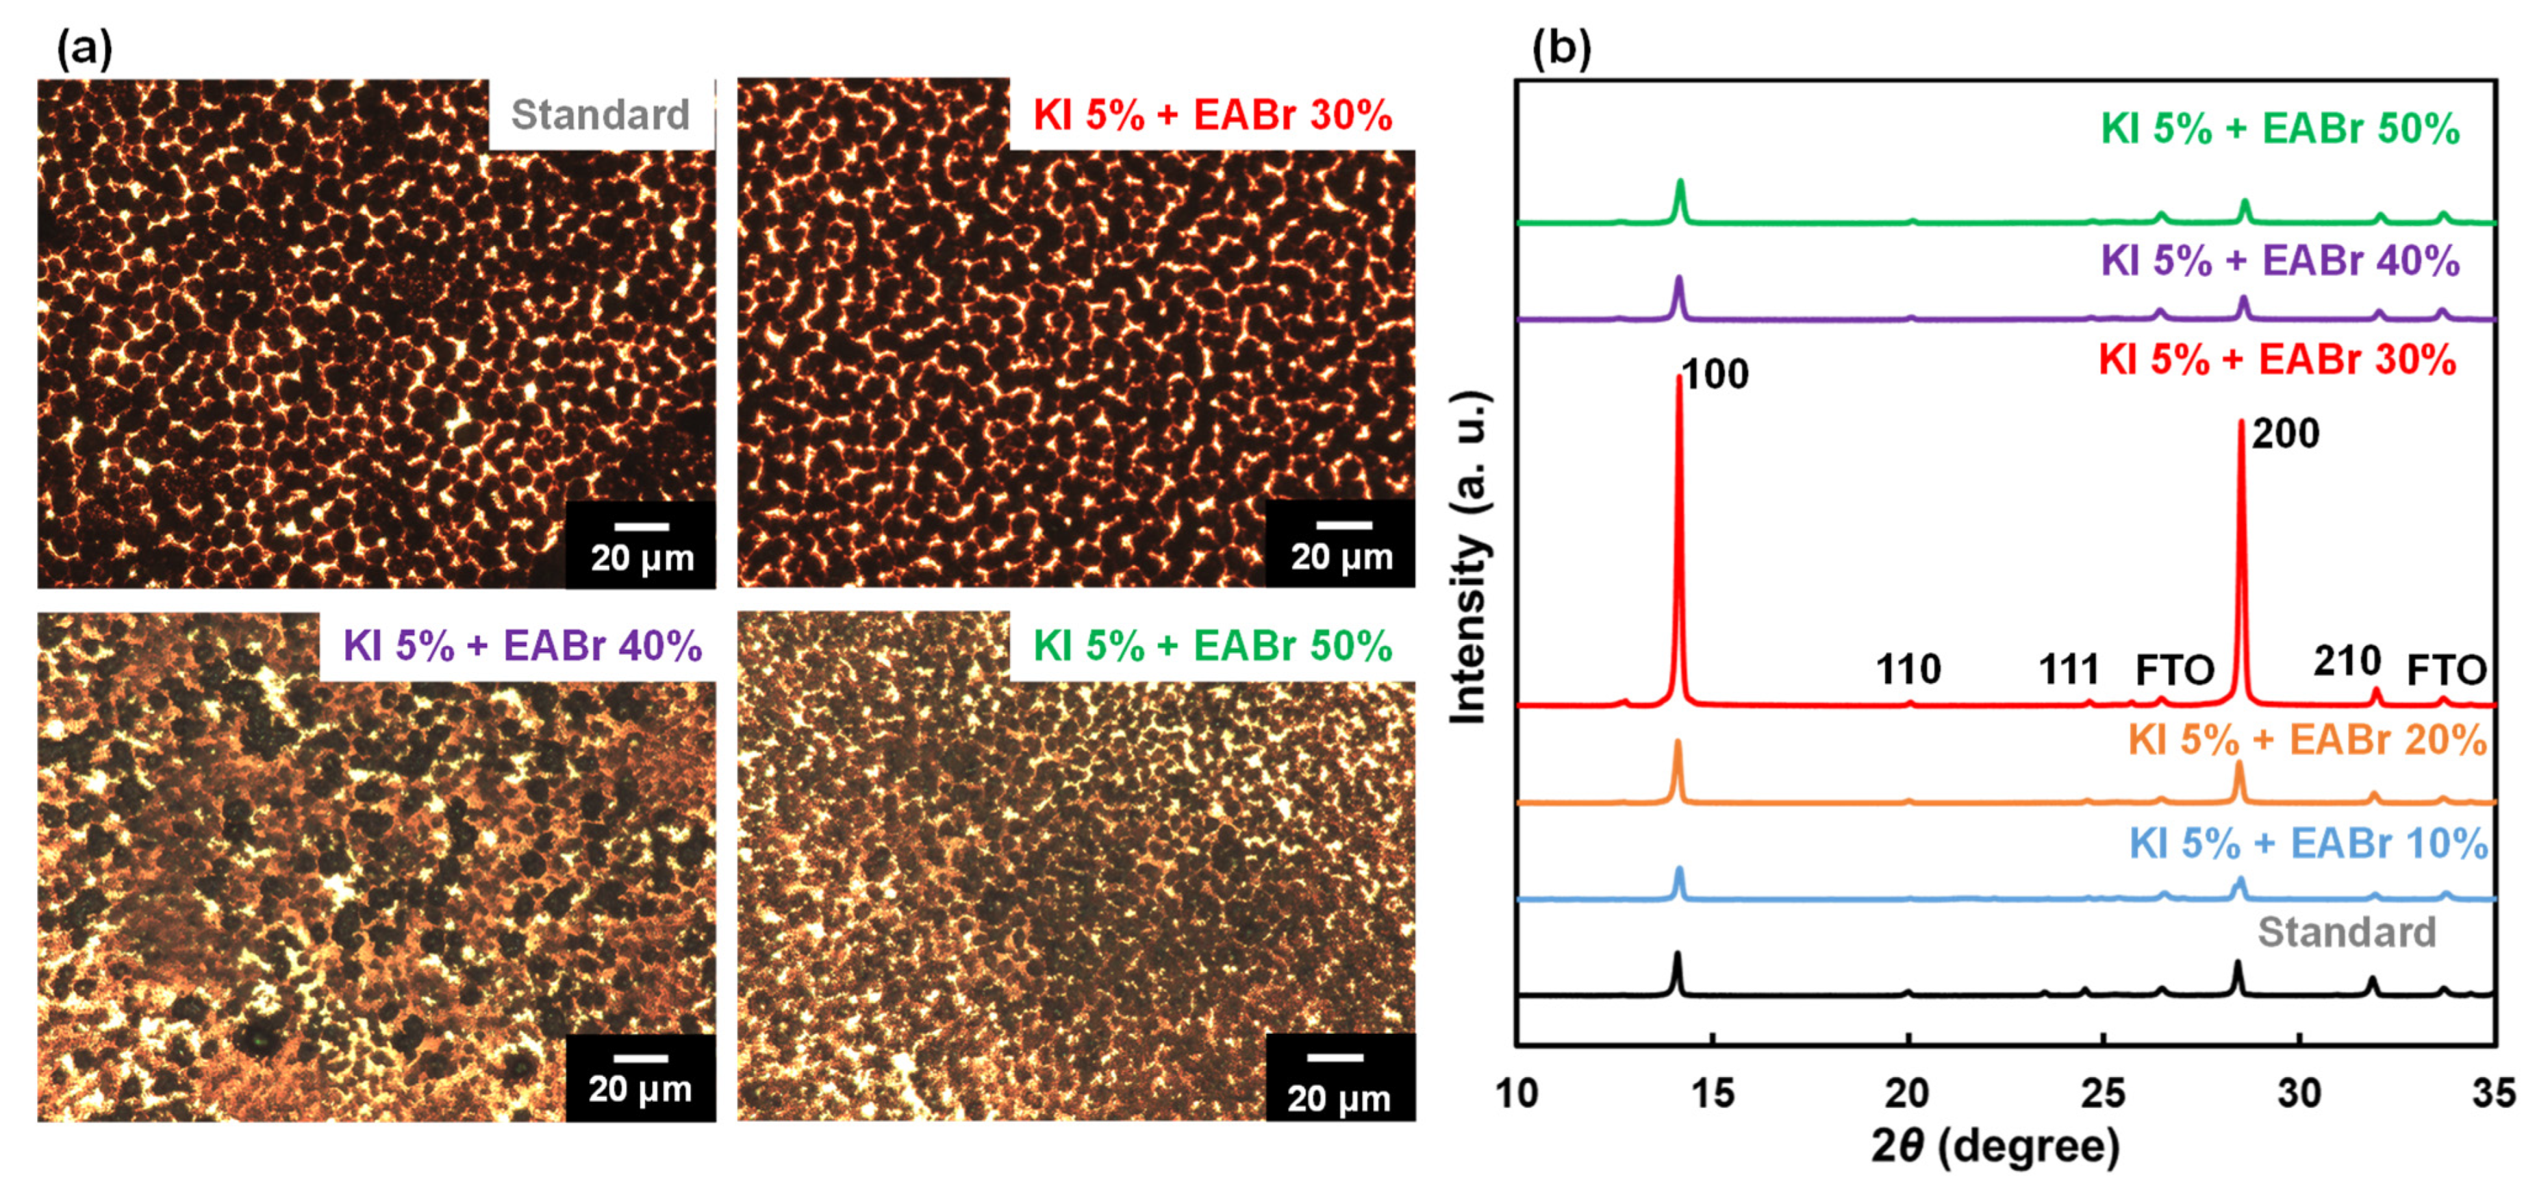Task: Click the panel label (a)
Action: pos(85,48)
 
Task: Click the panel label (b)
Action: pos(1562,48)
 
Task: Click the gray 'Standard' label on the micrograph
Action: pos(600,115)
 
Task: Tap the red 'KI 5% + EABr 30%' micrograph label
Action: pos(1213,115)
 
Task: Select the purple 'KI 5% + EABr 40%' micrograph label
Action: pos(522,646)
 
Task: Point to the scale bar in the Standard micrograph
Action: pos(641,527)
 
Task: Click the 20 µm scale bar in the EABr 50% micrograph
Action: pos(1337,1058)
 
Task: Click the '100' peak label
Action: pos(1715,374)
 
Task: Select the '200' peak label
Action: pos(2286,434)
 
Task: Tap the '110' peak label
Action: pos(1908,670)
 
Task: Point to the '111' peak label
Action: pos(2068,670)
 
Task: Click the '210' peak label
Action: pos(2347,661)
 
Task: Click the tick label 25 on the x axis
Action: pos(2103,1093)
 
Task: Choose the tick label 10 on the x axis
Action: pos(1517,1093)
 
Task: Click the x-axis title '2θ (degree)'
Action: pos(1995,1146)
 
